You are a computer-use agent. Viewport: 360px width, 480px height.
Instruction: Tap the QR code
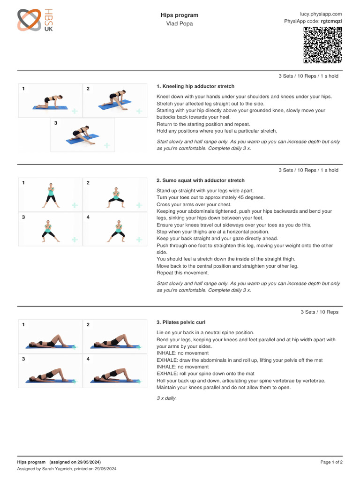[x=322, y=45]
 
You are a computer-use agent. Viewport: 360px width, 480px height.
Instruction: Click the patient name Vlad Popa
[x=179, y=23]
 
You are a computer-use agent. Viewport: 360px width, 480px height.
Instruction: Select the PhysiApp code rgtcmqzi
[x=331, y=21]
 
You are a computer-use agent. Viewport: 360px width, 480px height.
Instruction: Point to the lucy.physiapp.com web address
[x=321, y=14]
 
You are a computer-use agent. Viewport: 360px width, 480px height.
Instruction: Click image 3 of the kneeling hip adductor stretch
[x=82, y=135]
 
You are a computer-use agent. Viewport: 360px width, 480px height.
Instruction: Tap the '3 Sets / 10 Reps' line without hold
[x=319, y=312]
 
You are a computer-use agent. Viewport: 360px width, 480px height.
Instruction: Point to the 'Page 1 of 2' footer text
[x=331, y=462]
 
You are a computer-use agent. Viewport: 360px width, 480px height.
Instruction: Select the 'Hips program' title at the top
[x=179, y=15]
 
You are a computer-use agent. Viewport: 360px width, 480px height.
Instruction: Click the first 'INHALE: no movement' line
[x=183, y=353]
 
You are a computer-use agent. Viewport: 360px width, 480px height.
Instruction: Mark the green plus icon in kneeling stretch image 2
[x=139, y=111]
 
